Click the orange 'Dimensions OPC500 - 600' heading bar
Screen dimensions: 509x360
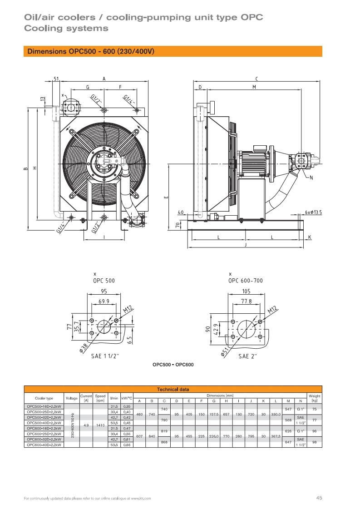(173, 51)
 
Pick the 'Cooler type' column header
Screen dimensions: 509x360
(44, 398)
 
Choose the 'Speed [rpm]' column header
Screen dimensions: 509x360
(100, 398)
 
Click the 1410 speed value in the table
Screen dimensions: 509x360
(100, 425)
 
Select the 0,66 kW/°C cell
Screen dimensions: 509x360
(127, 445)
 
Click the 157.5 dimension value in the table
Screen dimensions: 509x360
(213, 414)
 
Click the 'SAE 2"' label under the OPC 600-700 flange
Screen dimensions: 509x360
(248, 356)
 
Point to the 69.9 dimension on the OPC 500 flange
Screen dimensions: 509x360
(104, 301)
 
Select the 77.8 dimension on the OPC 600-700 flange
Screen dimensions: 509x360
(247, 301)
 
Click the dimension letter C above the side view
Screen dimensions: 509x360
(256, 79)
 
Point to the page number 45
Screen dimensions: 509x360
(319, 498)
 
